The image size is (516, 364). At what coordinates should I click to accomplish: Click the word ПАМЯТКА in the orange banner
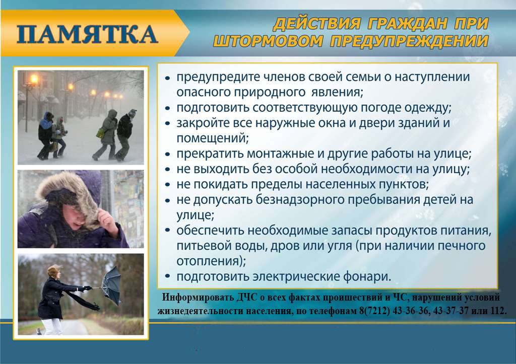click(87, 34)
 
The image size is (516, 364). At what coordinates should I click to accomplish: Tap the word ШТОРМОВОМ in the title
click(268, 41)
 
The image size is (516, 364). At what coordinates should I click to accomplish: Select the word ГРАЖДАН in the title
click(408, 24)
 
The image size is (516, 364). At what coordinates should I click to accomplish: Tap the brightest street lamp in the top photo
click(34, 79)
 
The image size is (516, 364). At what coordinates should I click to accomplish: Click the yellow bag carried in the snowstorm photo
click(100, 133)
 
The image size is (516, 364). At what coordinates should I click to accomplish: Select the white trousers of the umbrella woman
click(52, 326)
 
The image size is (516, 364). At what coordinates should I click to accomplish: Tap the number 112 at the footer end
click(498, 311)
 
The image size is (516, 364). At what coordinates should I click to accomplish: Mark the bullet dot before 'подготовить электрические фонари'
click(167, 276)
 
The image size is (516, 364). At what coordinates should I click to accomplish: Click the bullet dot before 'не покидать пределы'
click(167, 184)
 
